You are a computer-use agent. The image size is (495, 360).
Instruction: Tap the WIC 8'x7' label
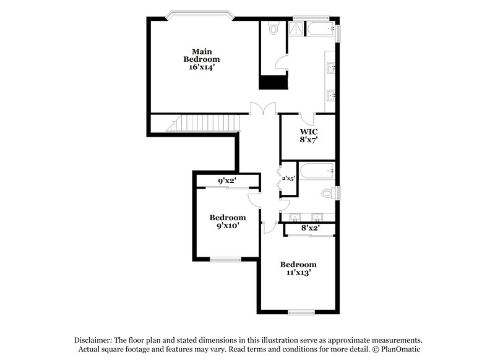[x=309, y=136]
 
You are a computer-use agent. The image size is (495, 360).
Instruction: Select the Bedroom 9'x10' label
[x=227, y=221]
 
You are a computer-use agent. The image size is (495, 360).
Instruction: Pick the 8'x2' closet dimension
[x=310, y=229]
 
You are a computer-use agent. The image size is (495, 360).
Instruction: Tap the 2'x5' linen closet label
[x=288, y=179]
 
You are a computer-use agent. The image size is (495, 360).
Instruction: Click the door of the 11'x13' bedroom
[x=267, y=226]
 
